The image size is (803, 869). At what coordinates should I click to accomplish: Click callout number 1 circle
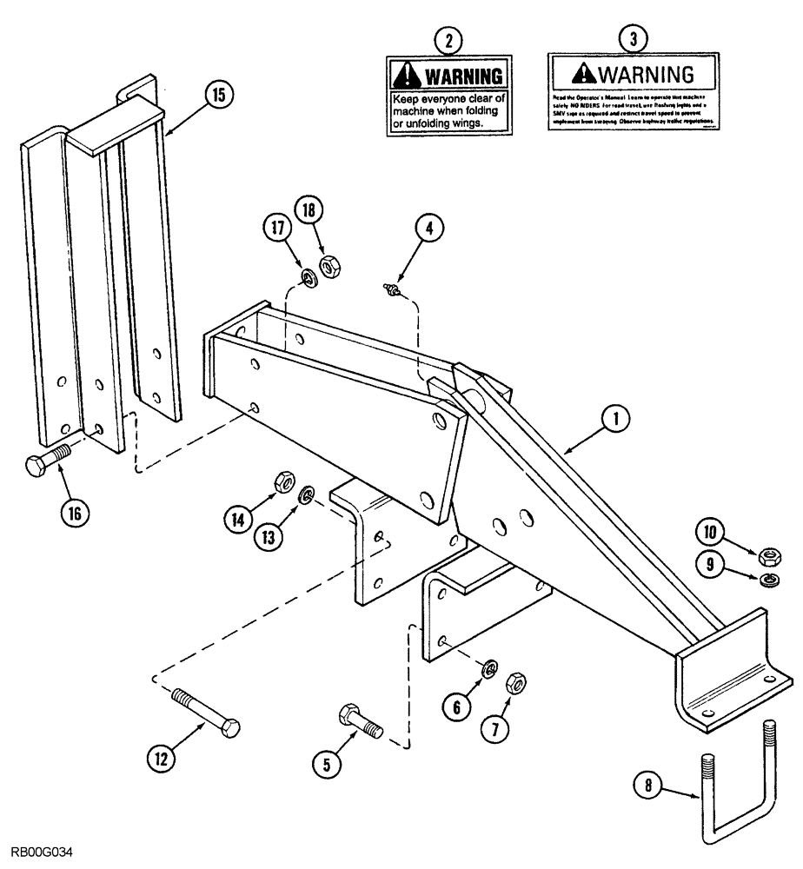pos(615,421)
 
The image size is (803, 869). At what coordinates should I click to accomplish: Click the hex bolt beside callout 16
pos(49,461)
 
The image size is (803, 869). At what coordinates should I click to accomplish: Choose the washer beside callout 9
pos(767,580)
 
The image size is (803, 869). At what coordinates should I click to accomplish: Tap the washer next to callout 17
pos(308,276)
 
